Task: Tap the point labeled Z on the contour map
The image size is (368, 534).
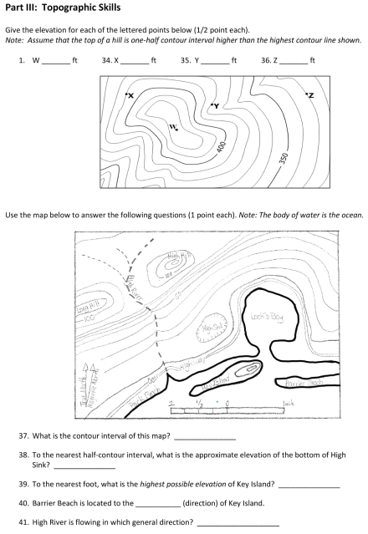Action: coord(306,94)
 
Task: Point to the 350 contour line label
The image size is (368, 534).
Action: coord(284,157)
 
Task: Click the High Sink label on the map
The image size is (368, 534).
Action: coord(209,328)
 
